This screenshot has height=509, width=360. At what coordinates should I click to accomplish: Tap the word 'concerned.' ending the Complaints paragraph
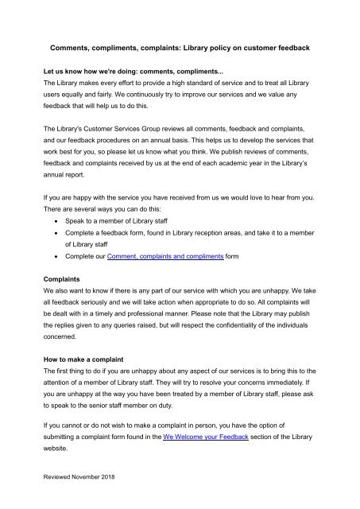(x=63, y=337)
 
